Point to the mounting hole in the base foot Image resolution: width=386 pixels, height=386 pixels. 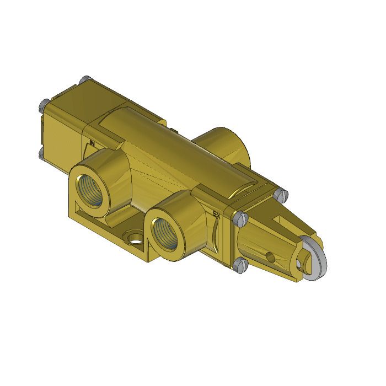point(134,238)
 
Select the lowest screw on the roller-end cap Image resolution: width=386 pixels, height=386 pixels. point(238,266)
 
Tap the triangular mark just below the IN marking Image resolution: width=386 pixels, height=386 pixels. point(91,153)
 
